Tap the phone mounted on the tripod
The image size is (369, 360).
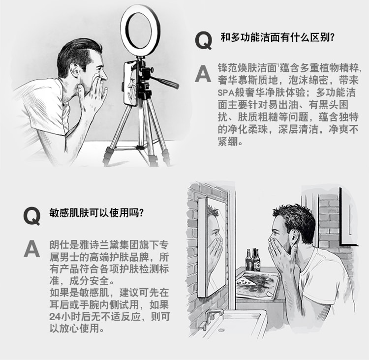[x=130, y=83]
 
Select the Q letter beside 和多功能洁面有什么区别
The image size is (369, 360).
[x=204, y=41]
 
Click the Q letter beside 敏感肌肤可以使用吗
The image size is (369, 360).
[x=32, y=216]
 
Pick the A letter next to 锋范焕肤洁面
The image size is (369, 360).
[x=203, y=74]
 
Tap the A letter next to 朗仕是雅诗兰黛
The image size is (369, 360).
[x=31, y=249]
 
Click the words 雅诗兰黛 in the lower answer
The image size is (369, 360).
[x=99, y=245]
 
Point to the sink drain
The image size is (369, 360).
[x=221, y=330]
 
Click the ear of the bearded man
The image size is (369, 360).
[x=295, y=237]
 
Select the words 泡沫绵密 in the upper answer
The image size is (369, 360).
[x=308, y=80]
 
